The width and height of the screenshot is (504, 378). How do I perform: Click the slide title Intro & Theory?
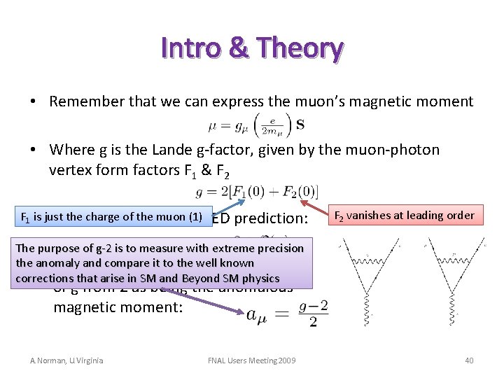(252, 48)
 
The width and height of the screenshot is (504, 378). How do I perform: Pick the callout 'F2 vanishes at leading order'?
(405, 216)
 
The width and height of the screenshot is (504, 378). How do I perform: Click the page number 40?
(469, 360)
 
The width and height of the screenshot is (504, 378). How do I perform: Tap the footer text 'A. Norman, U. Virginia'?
(66, 360)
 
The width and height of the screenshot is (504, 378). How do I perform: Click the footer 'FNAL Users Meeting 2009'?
(251, 360)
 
